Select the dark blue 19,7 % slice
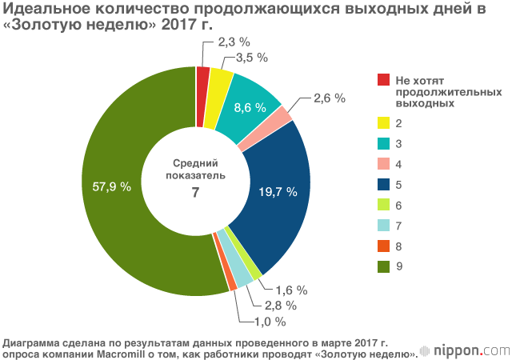pos(276,192)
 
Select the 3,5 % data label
pos(250,58)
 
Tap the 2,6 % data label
pos(328,98)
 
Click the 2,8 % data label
pos(280,305)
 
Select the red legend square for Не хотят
pos(382,79)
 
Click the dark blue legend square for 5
pos(382,183)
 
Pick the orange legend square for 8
pos(382,246)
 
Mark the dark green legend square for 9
pos(382,266)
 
